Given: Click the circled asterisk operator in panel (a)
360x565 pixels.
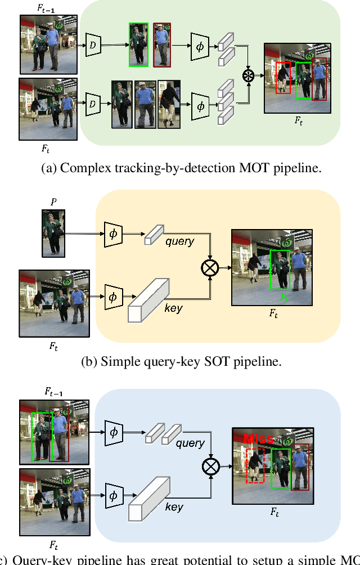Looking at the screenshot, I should (x=248, y=75).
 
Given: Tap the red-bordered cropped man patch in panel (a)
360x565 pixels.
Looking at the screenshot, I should (x=161, y=44).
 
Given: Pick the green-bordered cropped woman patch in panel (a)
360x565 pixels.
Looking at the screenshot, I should (x=138, y=44).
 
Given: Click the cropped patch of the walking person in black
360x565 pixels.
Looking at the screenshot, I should (x=169, y=104).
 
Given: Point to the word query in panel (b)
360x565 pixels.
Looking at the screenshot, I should (x=179, y=241).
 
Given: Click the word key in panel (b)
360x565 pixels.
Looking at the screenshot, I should (x=173, y=308).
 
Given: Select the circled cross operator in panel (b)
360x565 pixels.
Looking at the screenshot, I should (x=209, y=268).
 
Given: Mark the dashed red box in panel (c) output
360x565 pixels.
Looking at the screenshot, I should (x=256, y=465).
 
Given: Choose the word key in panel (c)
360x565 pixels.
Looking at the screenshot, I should (x=174, y=507).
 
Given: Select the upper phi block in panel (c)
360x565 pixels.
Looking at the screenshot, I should (x=113, y=432).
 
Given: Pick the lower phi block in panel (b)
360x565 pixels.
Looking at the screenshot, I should (x=113, y=296).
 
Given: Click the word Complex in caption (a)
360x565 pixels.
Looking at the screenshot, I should (x=80, y=168).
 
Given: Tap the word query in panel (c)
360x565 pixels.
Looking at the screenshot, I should (x=190, y=443).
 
